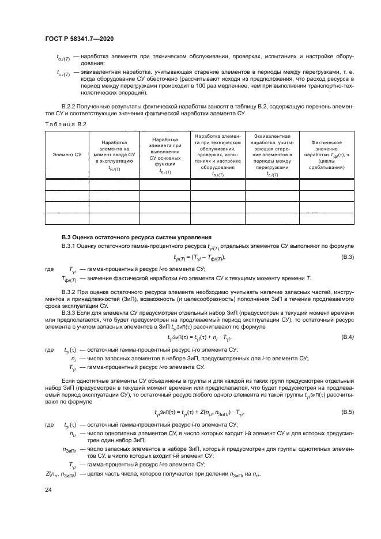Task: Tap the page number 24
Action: pyautogui.click(x=48, y=489)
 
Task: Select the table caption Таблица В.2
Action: pyautogui.click(x=65, y=124)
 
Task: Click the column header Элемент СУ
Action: pyautogui.click(x=66, y=154)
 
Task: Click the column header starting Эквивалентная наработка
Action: pyautogui.click(x=273, y=154)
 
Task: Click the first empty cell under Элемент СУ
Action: pyautogui.click(x=66, y=186)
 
